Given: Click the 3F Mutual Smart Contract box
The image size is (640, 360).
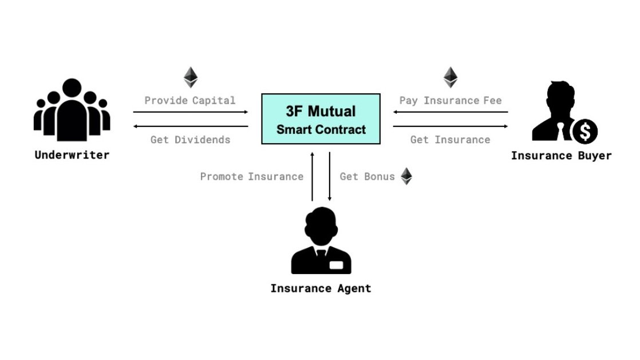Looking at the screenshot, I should click(321, 118).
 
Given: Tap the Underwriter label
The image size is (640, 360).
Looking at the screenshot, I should click(72, 155).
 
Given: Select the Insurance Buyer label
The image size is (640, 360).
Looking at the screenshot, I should click(561, 156).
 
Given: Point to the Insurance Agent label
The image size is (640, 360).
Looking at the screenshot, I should click(321, 288).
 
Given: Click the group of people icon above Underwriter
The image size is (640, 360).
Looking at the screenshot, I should click(72, 112).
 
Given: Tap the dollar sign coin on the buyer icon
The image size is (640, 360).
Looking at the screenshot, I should click(584, 132).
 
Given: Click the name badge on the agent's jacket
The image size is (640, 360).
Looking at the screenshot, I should click(336, 265).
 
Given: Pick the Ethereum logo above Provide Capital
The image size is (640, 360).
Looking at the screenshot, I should click(190, 77).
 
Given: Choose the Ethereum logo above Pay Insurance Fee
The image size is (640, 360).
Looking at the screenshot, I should click(451, 77).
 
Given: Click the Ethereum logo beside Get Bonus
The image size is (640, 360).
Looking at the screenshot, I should click(406, 176).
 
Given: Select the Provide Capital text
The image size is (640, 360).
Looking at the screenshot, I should click(189, 101).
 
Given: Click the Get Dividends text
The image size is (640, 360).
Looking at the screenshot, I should click(190, 140).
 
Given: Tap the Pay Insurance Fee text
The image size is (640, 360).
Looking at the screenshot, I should click(450, 101).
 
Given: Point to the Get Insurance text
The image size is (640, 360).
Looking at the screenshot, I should click(450, 140).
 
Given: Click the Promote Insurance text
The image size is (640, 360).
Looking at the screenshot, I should click(251, 176).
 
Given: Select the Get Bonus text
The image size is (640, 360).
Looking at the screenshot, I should click(367, 176).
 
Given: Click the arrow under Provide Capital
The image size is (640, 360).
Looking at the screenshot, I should click(191, 112).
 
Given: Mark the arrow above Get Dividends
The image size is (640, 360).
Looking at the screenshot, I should click(191, 126).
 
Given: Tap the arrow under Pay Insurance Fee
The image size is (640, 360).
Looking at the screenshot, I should click(450, 112).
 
